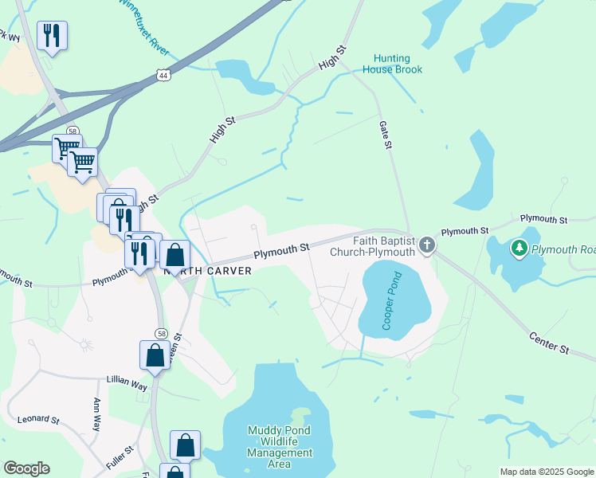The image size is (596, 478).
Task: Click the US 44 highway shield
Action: click(163, 75)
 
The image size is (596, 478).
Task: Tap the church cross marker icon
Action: click(427, 245)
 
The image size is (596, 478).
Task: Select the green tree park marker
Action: click(520, 249)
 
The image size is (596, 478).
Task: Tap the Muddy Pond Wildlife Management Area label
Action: click(280, 447)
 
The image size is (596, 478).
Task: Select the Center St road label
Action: click(549, 343)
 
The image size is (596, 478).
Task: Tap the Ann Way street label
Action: click(96, 414)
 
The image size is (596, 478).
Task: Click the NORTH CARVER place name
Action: click(207, 271)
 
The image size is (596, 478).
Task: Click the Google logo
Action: click(26, 468)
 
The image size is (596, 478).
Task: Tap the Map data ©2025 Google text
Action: click(547, 472)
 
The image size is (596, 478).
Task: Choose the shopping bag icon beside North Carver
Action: click(175, 256)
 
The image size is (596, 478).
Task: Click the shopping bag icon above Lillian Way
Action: click(155, 355)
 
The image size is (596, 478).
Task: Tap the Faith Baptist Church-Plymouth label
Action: click(373, 245)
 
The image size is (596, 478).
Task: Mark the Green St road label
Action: click(178, 341)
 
